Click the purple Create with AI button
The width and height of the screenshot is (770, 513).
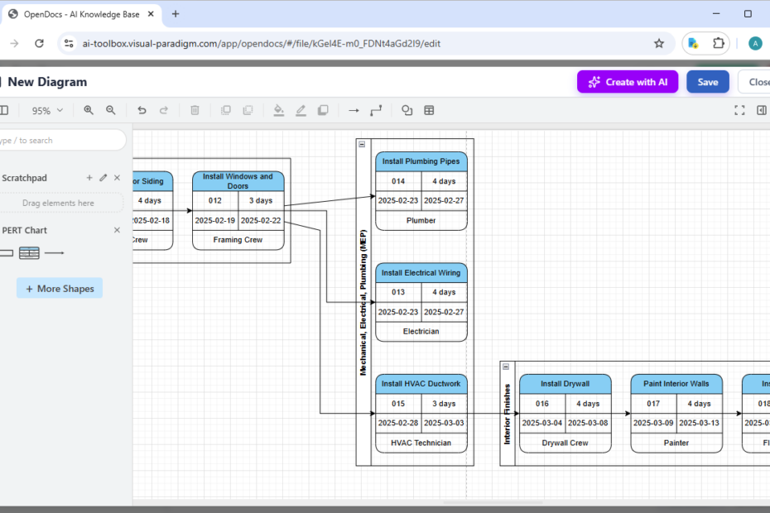pyautogui.click(x=628, y=82)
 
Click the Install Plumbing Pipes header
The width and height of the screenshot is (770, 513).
pyautogui.click(x=421, y=161)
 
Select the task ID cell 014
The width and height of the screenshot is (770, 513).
pyautogui.click(x=398, y=181)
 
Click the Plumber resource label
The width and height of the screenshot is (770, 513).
pyautogui.click(x=421, y=220)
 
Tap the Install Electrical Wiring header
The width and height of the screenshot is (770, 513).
pyautogui.click(x=421, y=272)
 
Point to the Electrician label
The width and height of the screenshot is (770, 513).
pyautogui.click(x=421, y=331)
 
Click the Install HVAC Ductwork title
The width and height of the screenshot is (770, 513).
pyautogui.click(x=421, y=384)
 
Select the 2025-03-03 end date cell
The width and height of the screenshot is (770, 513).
pyautogui.click(x=445, y=423)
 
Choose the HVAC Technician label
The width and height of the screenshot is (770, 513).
pyautogui.click(x=421, y=443)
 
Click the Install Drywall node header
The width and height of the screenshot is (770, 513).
pyautogui.click(x=565, y=384)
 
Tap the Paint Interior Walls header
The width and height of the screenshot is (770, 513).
pyautogui.click(x=676, y=384)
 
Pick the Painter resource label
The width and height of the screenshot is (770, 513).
pyautogui.click(x=676, y=443)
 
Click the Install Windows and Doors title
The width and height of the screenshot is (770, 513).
pyautogui.click(x=238, y=181)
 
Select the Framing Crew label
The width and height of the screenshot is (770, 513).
pyautogui.click(x=238, y=240)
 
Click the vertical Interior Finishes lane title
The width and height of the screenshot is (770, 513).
pyautogui.click(x=508, y=414)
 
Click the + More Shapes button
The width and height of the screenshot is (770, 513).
pyautogui.click(x=60, y=289)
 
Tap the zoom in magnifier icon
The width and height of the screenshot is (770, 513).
pyautogui.click(x=89, y=110)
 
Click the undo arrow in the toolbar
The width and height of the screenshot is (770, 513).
pyautogui.click(x=142, y=110)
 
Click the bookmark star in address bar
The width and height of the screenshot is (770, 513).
pyautogui.click(x=659, y=43)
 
